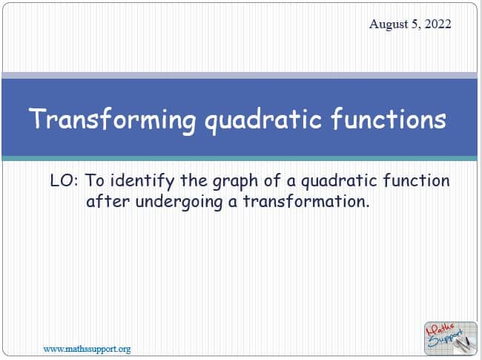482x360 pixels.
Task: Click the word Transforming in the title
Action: (113, 120)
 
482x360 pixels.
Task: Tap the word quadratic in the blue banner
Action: (263, 120)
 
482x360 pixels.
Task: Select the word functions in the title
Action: (389, 118)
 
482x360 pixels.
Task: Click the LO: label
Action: (64, 180)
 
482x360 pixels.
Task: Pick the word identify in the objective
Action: (142, 181)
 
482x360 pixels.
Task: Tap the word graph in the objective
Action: (235, 181)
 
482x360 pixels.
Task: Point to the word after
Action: (108, 202)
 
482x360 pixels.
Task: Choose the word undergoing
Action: (179, 203)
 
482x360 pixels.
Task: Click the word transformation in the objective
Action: (306, 202)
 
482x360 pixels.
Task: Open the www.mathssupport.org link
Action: (87, 349)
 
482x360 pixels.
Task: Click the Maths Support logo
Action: (451, 338)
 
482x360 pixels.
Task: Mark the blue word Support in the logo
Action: (446, 338)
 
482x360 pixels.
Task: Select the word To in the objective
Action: (94, 180)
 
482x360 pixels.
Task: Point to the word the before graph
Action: (194, 180)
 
